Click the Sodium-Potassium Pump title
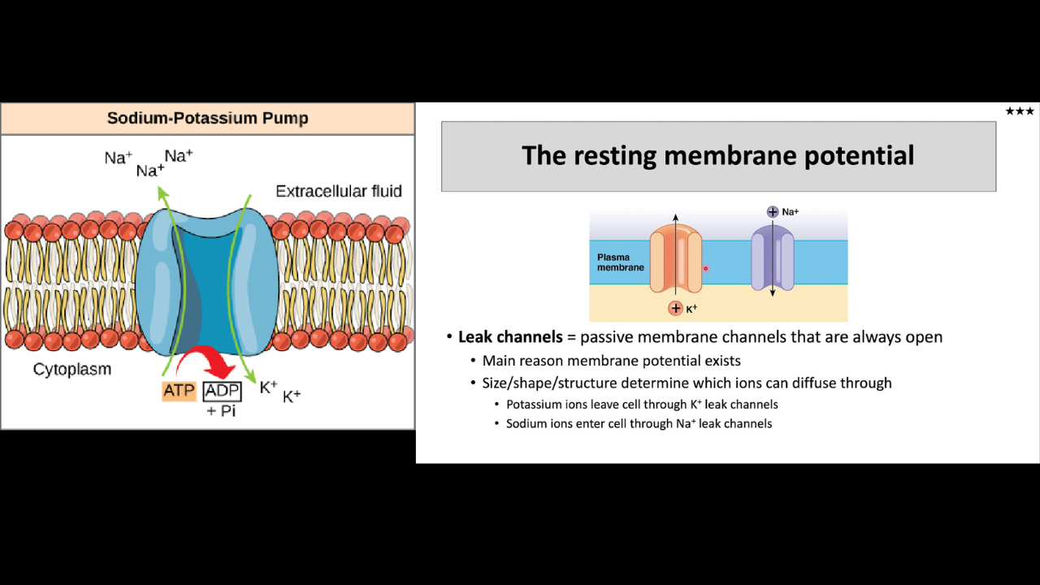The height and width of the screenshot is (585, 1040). pos(207,119)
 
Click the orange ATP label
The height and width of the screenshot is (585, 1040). pos(179,391)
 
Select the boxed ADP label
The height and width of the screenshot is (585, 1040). pos(222,391)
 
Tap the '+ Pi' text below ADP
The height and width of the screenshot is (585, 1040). pos(221,411)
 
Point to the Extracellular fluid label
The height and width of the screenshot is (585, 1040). pos(338,192)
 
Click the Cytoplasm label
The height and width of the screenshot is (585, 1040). pos(72,369)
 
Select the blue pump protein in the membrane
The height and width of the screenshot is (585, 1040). pos(207,280)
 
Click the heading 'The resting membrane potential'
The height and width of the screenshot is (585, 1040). pos(717,155)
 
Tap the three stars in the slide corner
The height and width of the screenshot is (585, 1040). pos(1019,111)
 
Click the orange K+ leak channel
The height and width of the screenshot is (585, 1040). pos(675,259)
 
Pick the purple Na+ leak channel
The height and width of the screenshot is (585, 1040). pos(771,259)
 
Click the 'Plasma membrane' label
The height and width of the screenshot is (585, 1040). pos(620,262)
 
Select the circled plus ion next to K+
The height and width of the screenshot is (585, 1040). pos(675,309)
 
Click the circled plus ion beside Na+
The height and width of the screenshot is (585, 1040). pos(772,212)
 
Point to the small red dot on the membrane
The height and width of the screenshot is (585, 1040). pos(706,268)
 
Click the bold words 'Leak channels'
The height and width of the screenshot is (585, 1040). pos(510,337)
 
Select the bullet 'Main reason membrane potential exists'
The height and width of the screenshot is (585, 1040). pos(611,361)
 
